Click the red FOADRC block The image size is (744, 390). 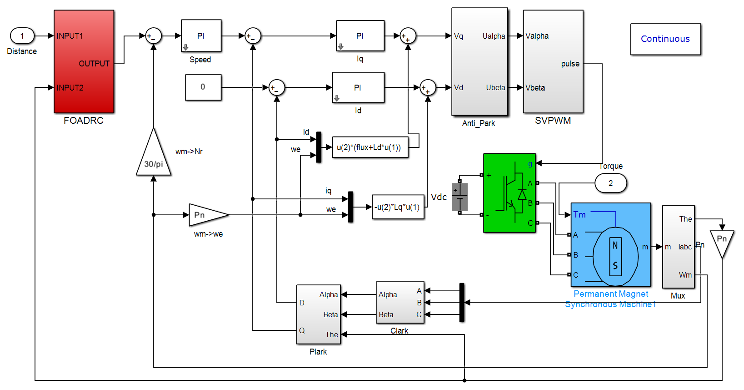tap(84, 61)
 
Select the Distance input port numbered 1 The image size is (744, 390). tap(22, 35)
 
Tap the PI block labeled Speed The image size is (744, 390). tap(201, 35)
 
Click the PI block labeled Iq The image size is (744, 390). tap(360, 35)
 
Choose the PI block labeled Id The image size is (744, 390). tap(358, 87)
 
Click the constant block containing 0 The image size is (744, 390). tap(203, 87)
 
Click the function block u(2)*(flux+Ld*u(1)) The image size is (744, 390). tap(370, 147)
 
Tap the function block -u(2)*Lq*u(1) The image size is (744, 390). tap(398, 207)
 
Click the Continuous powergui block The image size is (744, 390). tap(666, 39)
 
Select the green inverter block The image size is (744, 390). tap(509, 193)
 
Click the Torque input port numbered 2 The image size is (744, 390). tap(610, 183)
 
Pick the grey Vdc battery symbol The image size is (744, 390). tap(459, 197)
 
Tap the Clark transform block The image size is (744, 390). tap(400, 303)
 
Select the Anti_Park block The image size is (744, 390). tap(479, 61)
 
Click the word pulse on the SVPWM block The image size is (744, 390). tap(570, 64)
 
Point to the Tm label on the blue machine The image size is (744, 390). tap(579, 215)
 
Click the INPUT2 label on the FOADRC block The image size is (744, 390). tap(70, 88)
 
